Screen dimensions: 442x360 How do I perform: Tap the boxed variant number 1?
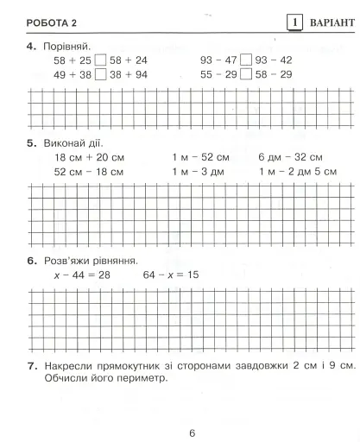pyautogui.click(x=294, y=20)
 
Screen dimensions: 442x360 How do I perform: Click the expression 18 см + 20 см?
pyautogui.click(x=90, y=158)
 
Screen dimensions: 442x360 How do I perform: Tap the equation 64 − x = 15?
pyautogui.click(x=172, y=275)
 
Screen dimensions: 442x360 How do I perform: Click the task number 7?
pyautogui.click(x=30, y=365)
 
